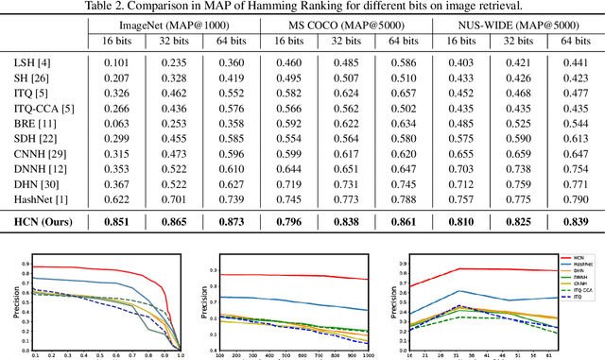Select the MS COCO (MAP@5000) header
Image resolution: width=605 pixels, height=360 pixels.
(x=337, y=21)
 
